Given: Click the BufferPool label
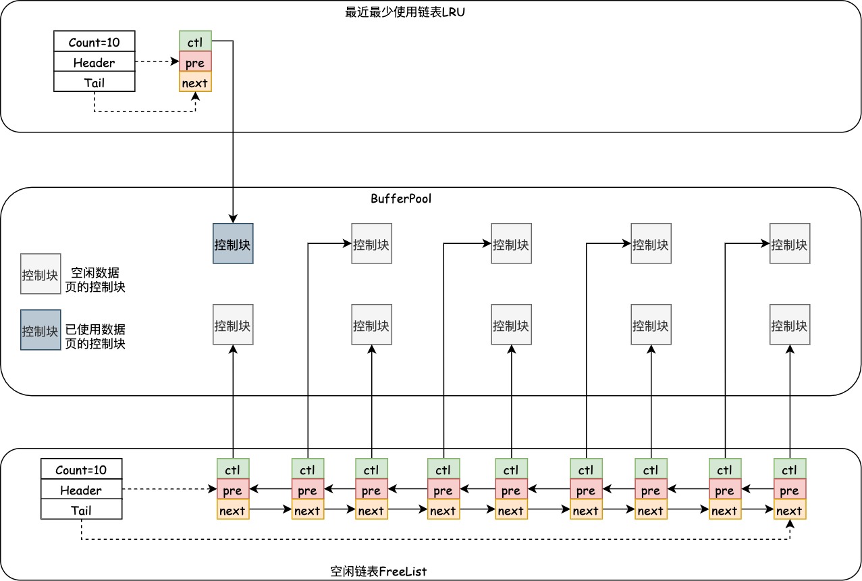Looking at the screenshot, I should click(400, 199).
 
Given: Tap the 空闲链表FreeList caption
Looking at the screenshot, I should click(379, 571).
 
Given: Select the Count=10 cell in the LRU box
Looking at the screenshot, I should click(94, 42).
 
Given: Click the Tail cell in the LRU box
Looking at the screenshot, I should click(94, 82).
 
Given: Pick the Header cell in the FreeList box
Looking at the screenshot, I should click(81, 490).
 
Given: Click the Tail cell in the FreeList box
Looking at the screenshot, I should click(81, 511).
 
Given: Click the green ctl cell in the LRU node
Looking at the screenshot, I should click(195, 41).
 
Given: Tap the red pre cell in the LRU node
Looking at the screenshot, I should click(195, 62).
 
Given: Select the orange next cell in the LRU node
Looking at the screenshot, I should click(195, 82).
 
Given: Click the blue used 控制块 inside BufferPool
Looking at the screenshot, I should click(233, 243).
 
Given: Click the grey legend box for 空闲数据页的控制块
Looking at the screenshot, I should click(41, 274).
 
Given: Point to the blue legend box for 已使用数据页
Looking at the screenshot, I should click(41, 330).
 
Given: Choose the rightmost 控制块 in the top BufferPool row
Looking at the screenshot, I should click(790, 243).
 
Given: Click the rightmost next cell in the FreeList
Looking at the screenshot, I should click(789, 510).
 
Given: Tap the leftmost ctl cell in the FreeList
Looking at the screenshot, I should click(233, 469).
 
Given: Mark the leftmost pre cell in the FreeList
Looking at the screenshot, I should click(233, 490).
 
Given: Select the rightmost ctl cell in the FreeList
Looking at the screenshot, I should click(789, 469).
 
